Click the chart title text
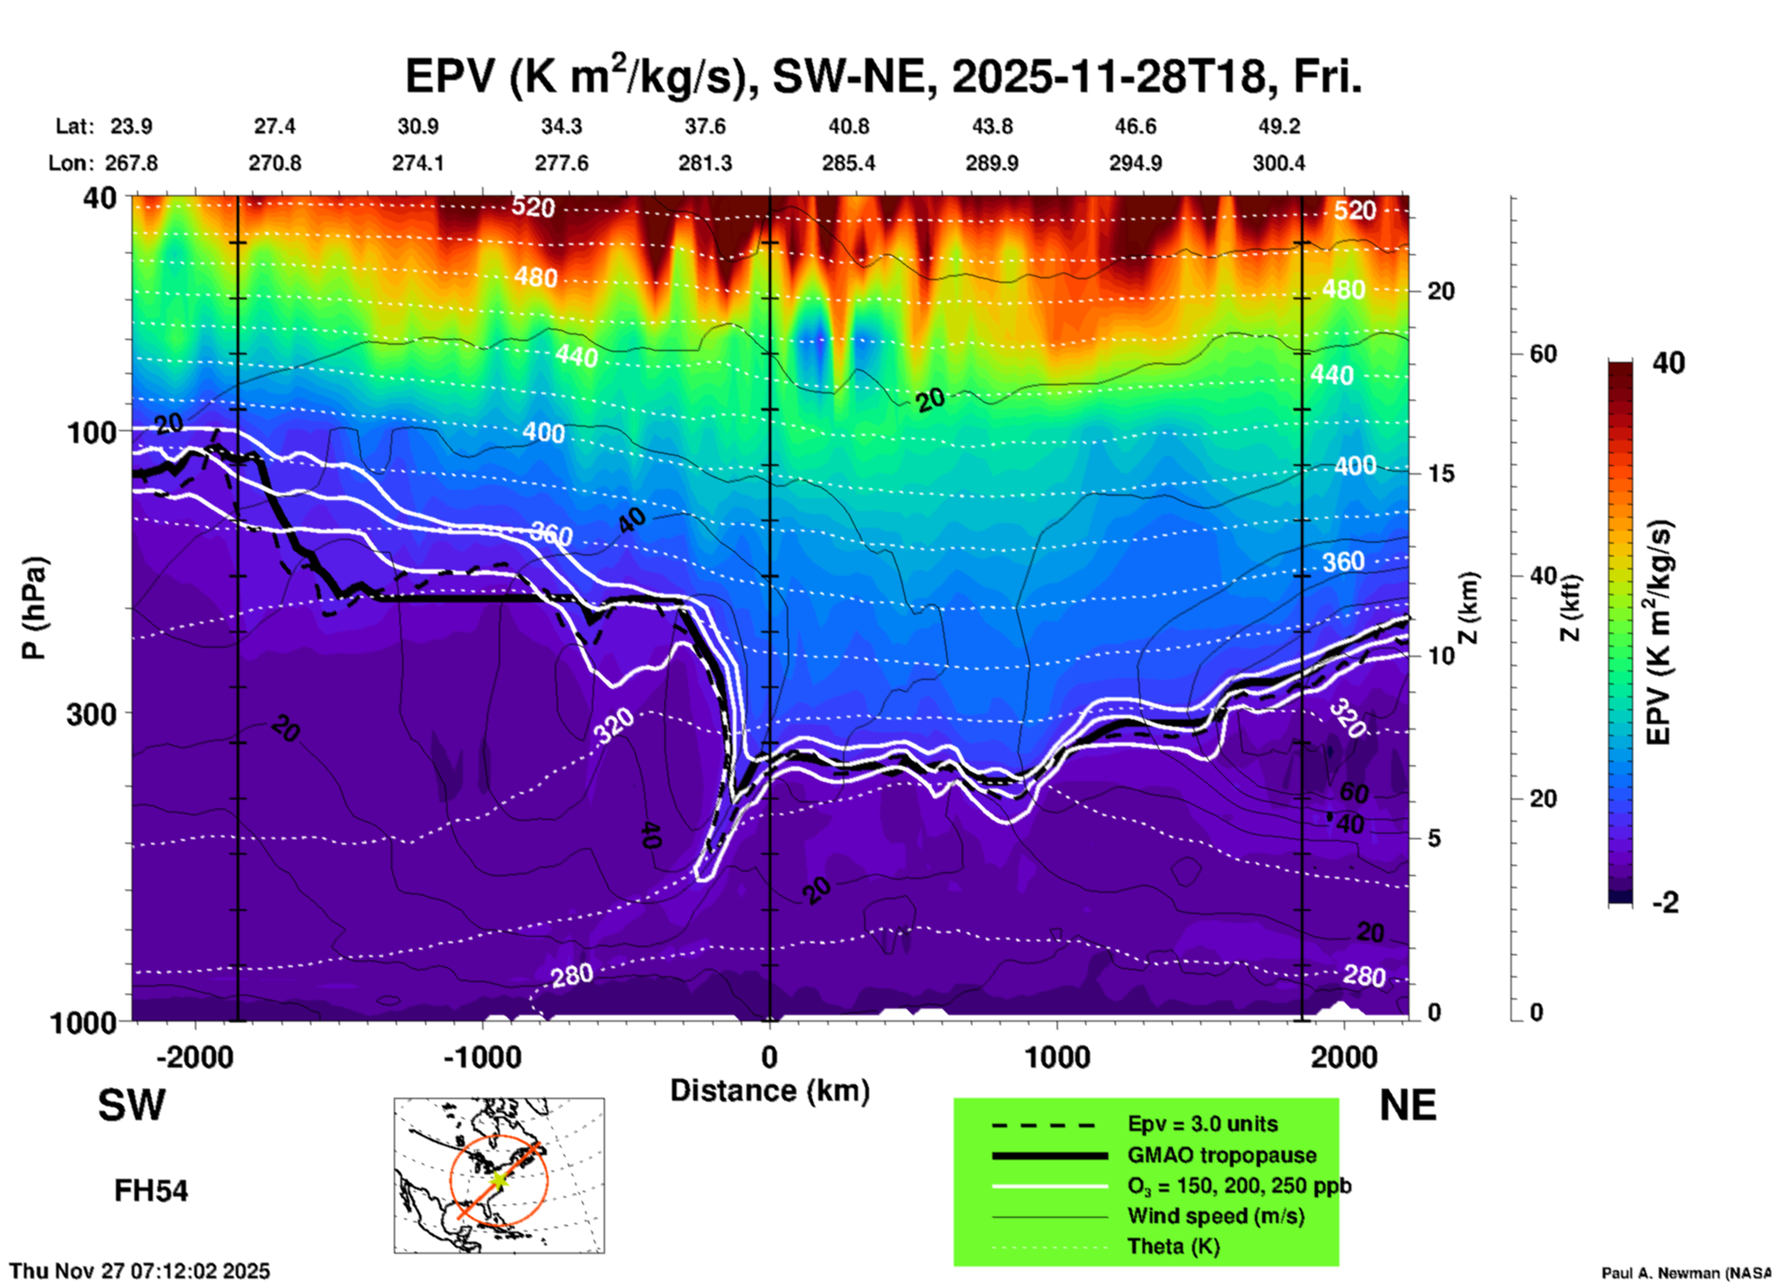pyautogui.click(x=883, y=76)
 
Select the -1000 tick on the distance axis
pyautogui.click(x=481, y=1056)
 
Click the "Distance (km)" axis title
pyautogui.click(x=770, y=1091)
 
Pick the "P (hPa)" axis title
pyautogui.click(x=33, y=608)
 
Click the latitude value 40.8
pyautogui.click(x=848, y=126)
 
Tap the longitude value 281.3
pyautogui.click(x=705, y=163)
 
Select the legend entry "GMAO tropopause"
pyautogui.click(x=1222, y=1155)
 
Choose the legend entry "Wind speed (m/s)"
pyautogui.click(x=1215, y=1216)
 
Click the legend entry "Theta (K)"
pyautogui.click(x=1173, y=1246)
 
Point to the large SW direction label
pyautogui.click(x=132, y=1105)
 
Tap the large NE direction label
pyautogui.click(x=1408, y=1105)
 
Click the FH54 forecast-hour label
pyautogui.click(x=151, y=1191)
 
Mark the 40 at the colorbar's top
pyautogui.click(x=1668, y=363)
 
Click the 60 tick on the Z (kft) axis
pyautogui.click(x=1544, y=354)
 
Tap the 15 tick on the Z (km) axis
pyautogui.click(x=1441, y=473)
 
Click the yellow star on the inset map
pyautogui.click(x=498, y=1179)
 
